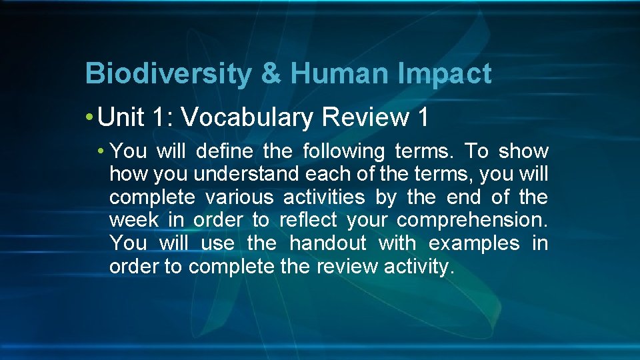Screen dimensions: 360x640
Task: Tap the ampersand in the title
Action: tap(271, 74)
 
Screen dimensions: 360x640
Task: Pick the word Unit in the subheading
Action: tap(121, 117)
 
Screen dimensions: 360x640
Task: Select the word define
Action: tap(225, 151)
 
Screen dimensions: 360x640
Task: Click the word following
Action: tap(344, 151)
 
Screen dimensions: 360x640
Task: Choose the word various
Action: tap(239, 197)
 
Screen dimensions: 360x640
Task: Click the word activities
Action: tap(324, 197)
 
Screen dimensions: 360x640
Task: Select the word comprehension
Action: tap(481, 221)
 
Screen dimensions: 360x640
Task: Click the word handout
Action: tap(328, 243)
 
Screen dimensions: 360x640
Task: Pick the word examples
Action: tap(474, 243)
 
